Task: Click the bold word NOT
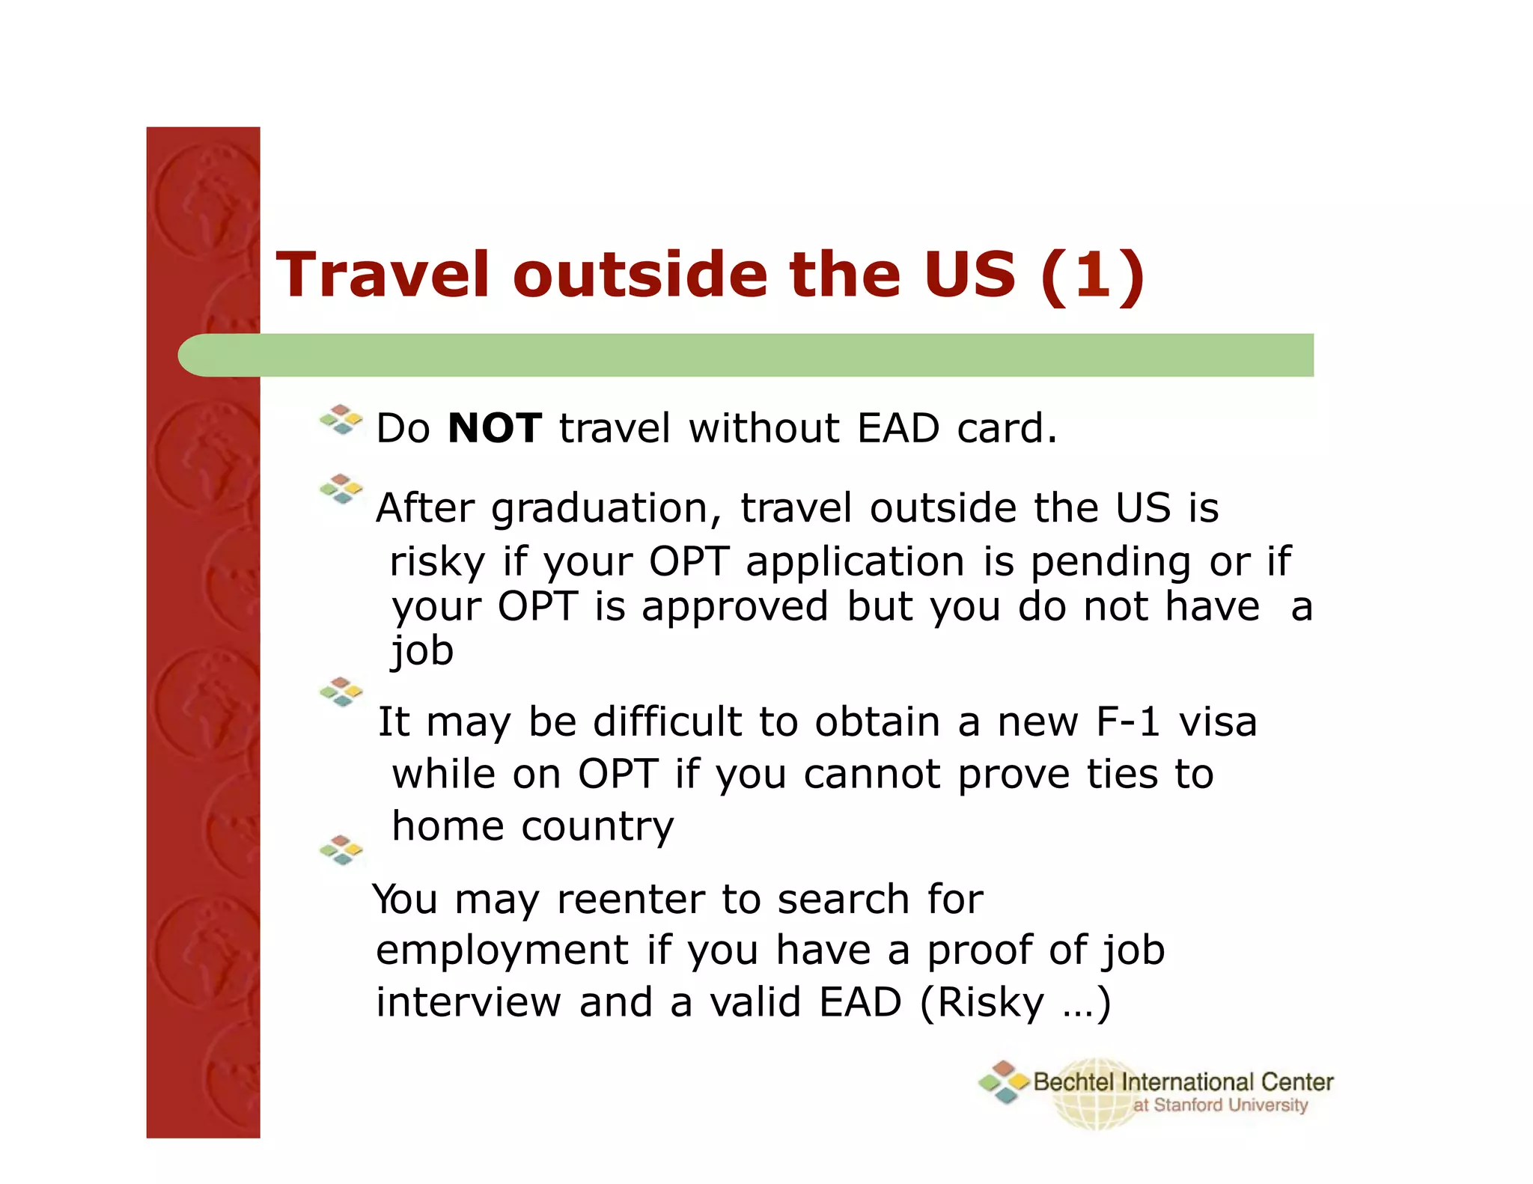[494, 428]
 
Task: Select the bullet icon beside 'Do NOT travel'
[341, 420]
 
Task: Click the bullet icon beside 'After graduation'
[341, 489]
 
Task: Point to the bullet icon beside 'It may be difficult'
[341, 692]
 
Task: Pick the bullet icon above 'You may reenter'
[341, 850]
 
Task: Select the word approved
[734, 607]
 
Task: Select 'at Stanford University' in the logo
[1220, 1105]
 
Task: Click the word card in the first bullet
[1006, 428]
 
